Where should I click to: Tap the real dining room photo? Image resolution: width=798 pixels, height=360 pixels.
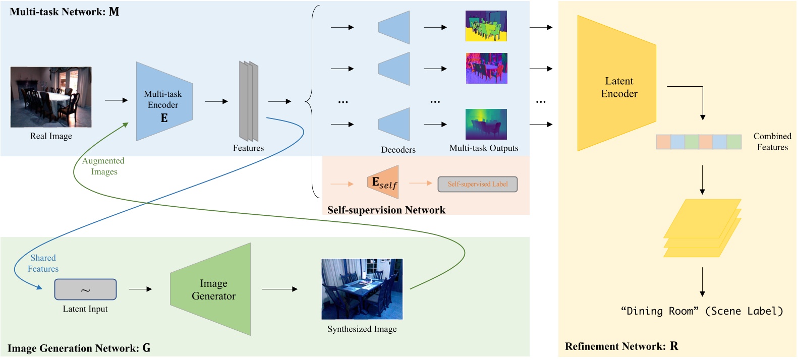click(x=51, y=97)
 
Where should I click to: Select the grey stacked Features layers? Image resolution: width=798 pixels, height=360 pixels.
click(x=249, y=101)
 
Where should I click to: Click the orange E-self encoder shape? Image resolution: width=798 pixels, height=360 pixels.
click(x=383, y=182)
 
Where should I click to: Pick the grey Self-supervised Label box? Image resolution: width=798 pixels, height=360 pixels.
click(x=477, y=184)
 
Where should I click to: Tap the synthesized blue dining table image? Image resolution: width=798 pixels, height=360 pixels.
click(x=362, y=289)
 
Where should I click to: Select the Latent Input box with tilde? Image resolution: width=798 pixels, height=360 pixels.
click(x=85, y=289)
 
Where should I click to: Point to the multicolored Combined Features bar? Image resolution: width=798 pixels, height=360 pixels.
click(x=699, y=142)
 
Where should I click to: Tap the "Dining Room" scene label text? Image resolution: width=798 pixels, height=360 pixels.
click(x=702, y=311)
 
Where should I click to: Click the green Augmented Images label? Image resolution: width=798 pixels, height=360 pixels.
click(x=103, y=166)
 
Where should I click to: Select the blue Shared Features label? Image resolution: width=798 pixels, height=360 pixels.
click(x=43, y=263)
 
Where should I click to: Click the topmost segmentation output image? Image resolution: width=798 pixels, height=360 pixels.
click(x=486, y=26)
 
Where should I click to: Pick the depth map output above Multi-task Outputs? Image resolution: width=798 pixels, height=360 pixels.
click(x=486, y=124)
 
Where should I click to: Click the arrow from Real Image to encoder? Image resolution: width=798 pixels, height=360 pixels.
click(x=116, y=100)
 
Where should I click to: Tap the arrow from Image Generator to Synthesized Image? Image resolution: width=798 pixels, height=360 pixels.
click(x=279, y=289)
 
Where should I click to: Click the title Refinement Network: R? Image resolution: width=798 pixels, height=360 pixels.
click(x=621, y=346)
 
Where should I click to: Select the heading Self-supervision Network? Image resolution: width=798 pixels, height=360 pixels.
click(x=386, y=210)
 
